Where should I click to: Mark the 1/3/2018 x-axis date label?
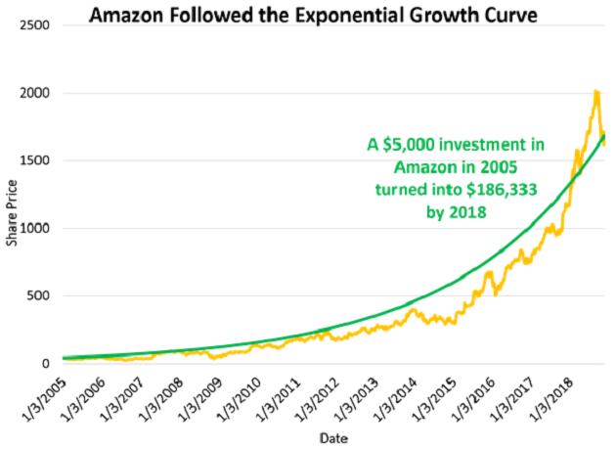[553, 393]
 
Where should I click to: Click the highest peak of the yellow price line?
[595, 93]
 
